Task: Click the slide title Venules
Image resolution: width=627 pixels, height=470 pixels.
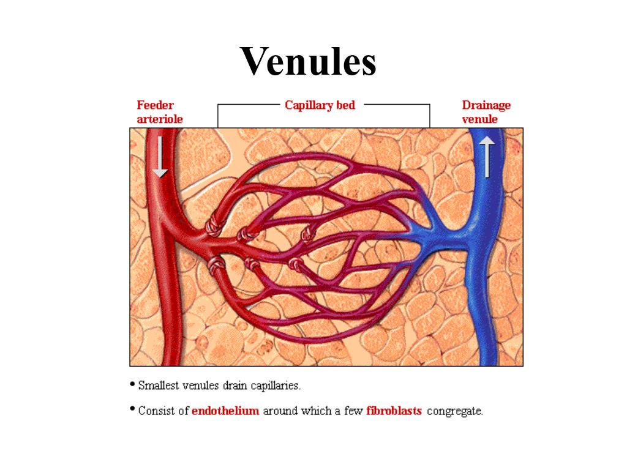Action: [308, 61]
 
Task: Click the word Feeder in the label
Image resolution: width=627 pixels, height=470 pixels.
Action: [155, 105]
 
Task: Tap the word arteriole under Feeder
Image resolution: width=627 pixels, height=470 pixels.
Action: [159, 119]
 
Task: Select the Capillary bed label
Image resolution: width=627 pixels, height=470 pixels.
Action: [320, 105]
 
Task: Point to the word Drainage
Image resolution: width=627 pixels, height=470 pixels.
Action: [486, 105]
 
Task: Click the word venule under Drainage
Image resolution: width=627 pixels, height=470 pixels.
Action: [479, 119]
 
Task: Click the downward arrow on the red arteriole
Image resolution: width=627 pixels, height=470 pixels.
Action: [160, 157]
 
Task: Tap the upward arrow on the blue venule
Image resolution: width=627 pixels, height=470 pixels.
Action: [487, 157]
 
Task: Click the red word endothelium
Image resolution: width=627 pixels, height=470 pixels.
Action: [225, 411]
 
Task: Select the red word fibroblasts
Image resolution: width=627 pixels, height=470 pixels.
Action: [394, 411]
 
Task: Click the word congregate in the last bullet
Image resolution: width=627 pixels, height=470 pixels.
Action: [454, 411]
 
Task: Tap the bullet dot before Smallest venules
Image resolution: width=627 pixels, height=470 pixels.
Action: [132, 384]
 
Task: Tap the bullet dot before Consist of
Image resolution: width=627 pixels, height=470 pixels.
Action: [132, 409]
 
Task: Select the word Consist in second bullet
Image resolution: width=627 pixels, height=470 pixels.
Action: [157, 411]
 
